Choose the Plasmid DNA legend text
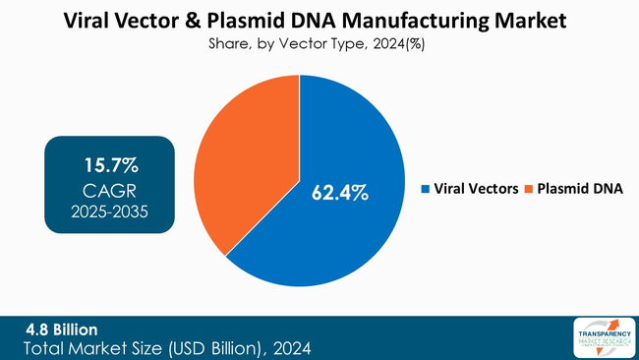click(x=580, y=188)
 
